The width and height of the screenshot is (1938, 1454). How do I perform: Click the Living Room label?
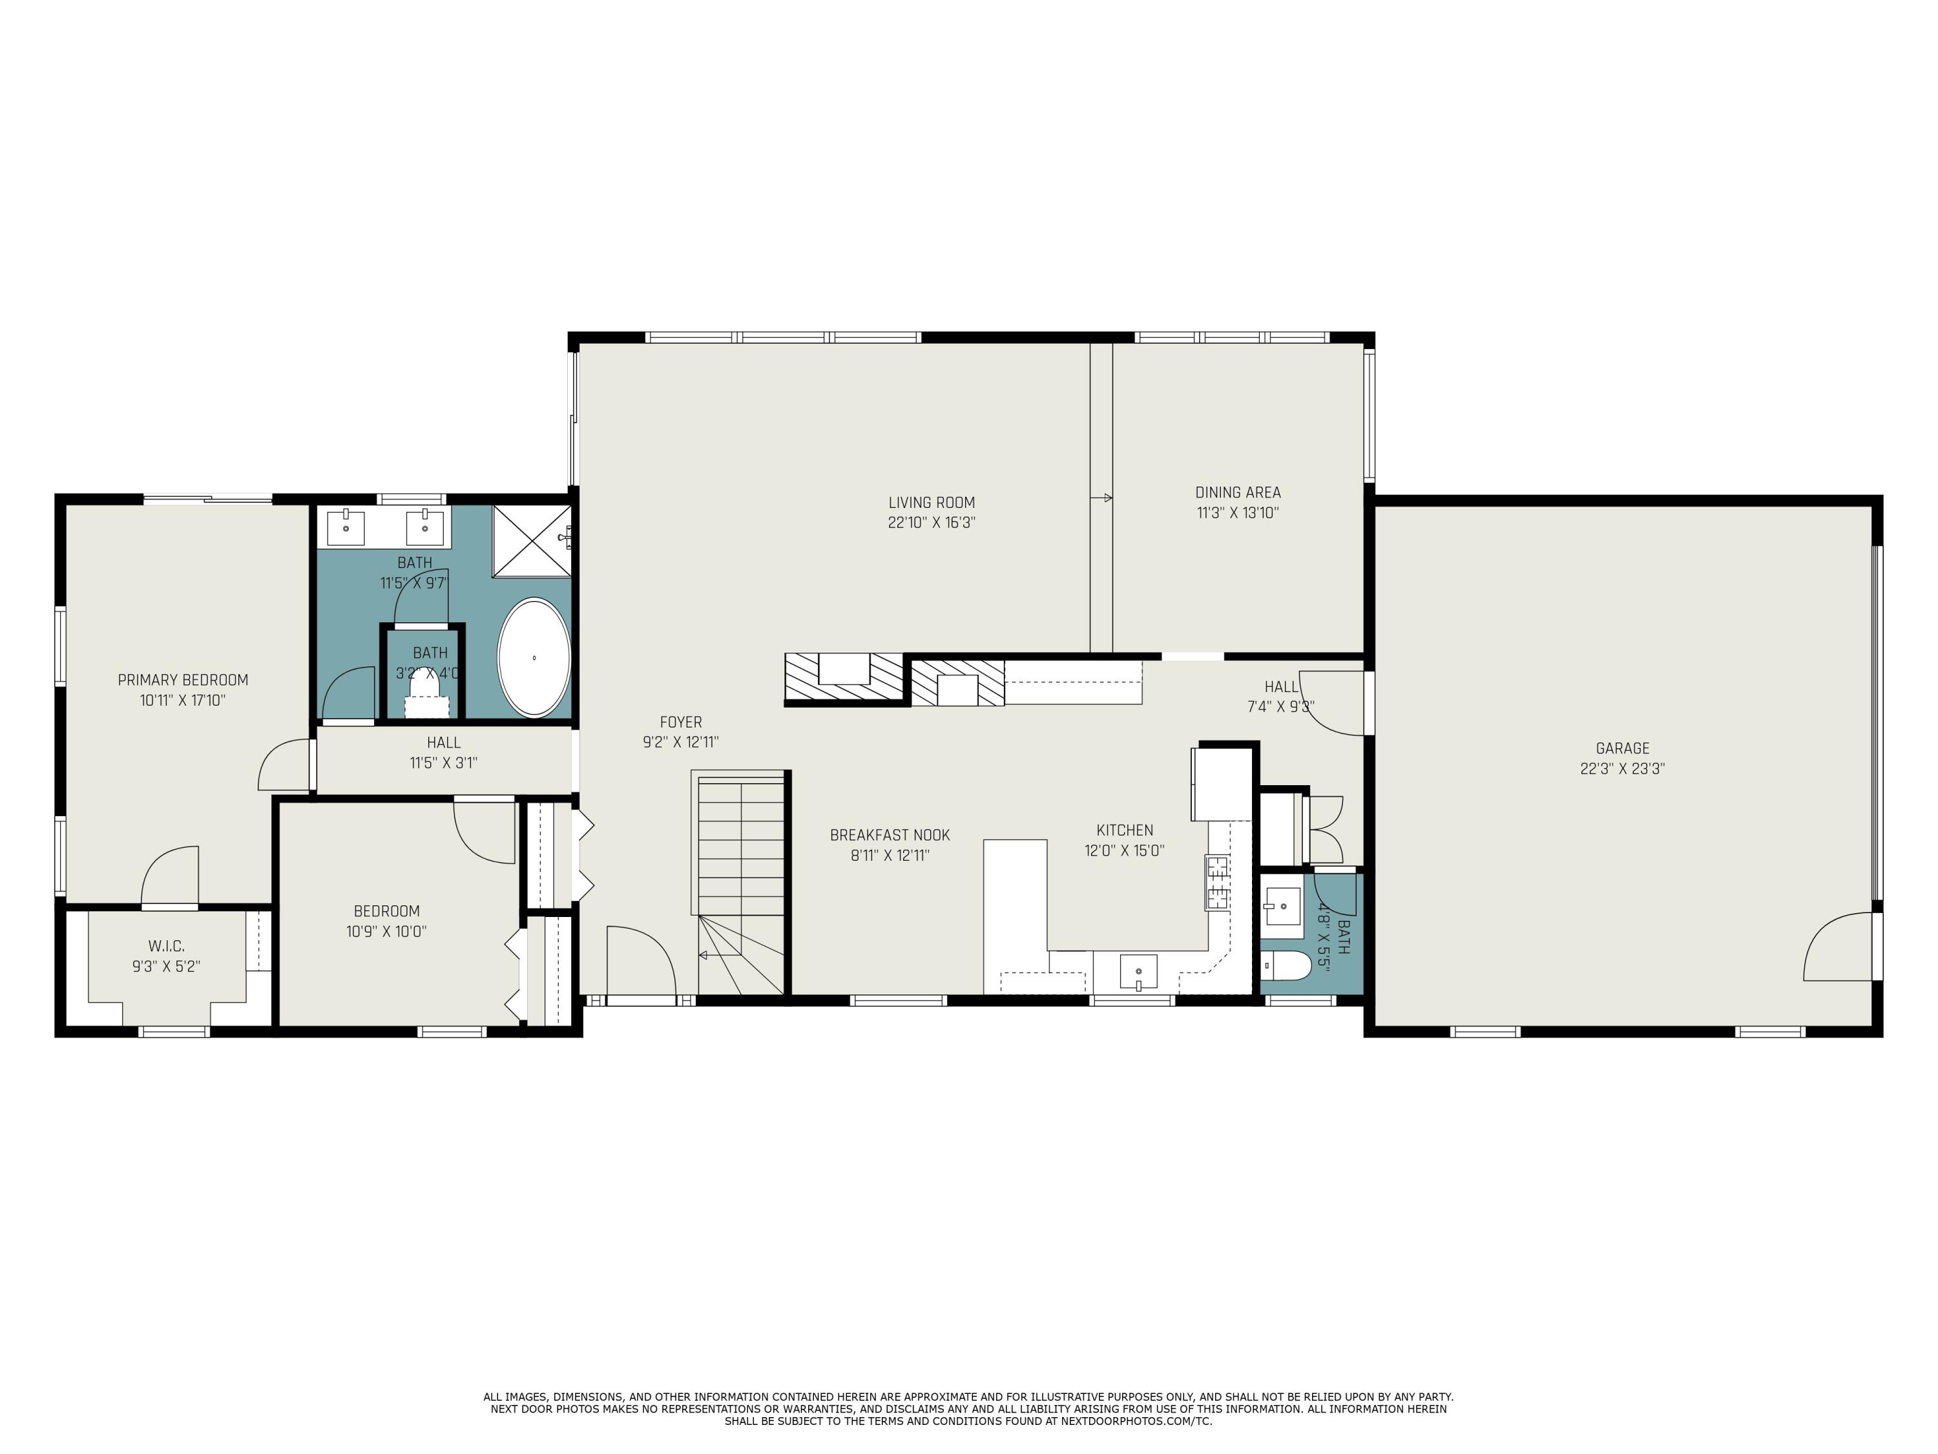[x=932, y=502]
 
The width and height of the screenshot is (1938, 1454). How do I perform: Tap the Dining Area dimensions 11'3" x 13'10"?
[x=1238, y=512]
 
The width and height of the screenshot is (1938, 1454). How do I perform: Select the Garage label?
[x=1623, y=748]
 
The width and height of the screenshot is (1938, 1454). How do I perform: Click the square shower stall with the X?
[x=532, y=541]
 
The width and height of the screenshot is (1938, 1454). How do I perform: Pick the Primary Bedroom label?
[x=183, y=679]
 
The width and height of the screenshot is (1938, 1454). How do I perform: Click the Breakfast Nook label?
[x=890, y=835]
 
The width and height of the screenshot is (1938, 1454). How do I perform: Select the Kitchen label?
[x=1125, y=830]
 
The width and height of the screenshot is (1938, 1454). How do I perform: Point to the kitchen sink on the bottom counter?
[x=1138, y=972]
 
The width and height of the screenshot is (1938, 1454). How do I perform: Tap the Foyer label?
[x=681, y=721]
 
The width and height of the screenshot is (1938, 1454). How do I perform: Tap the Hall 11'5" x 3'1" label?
[x=443, y=753]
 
